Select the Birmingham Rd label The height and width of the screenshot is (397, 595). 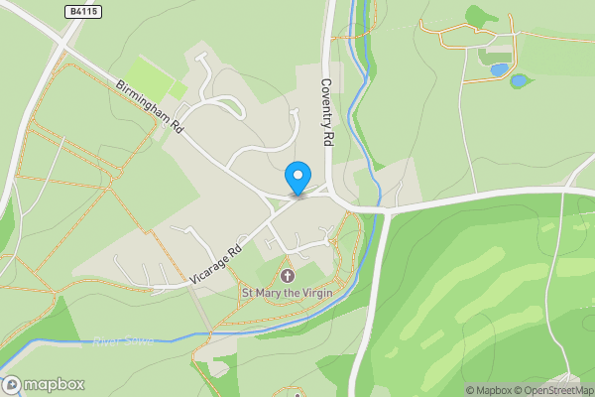point(150,108)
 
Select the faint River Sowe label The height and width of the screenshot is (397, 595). point(125,342)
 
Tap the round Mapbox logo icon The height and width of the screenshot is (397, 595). point(12,384)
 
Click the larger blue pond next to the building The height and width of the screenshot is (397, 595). point(499,70)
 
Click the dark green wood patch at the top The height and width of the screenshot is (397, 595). point(482,16)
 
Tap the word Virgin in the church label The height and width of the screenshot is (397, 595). point(315,293)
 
